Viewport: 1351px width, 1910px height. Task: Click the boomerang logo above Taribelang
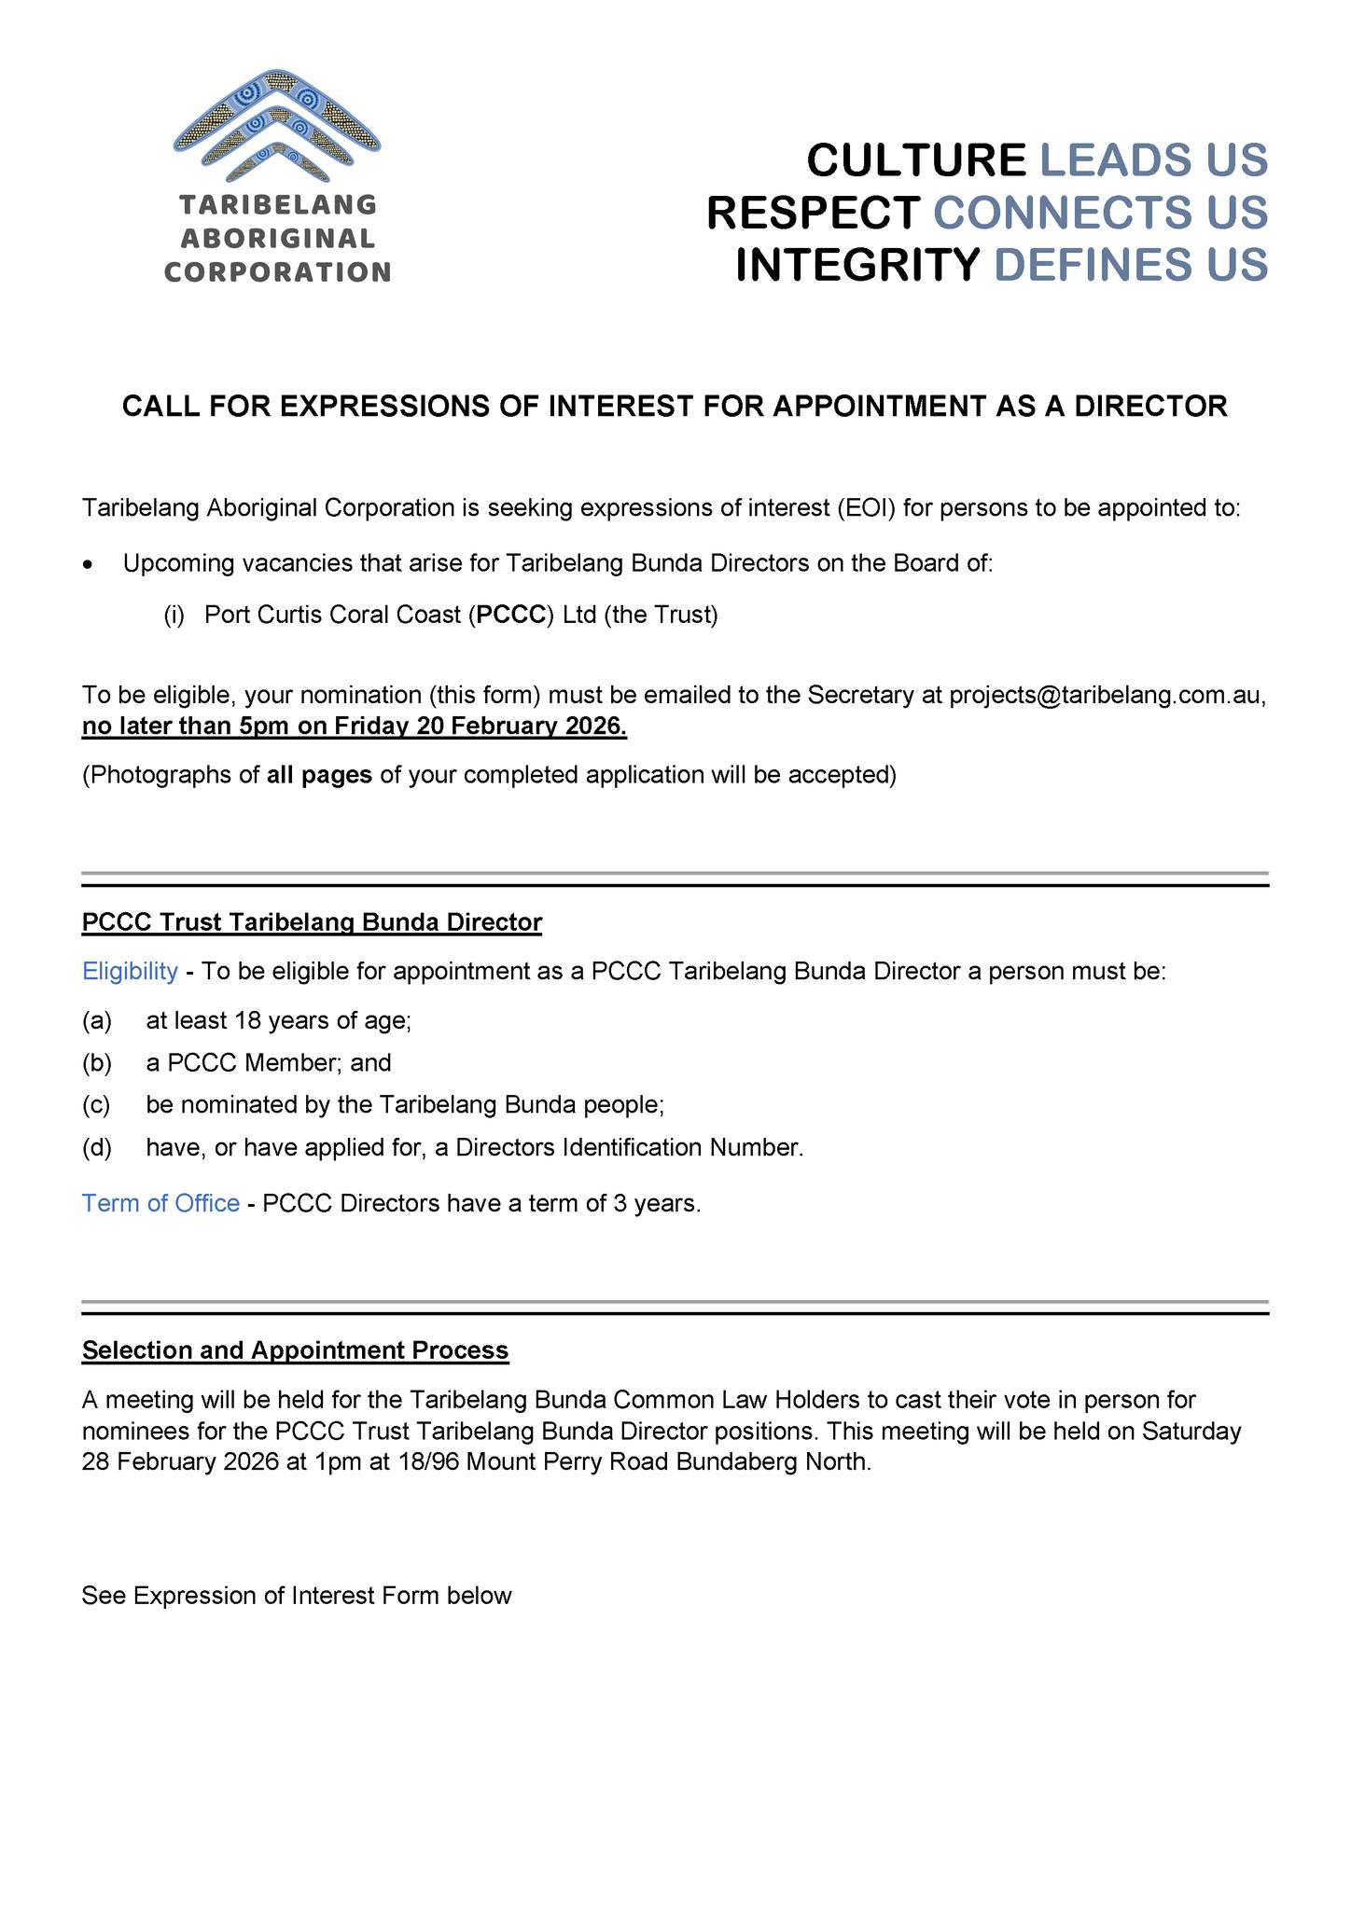(276, 127)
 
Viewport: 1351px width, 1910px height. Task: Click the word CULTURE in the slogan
(915, 160)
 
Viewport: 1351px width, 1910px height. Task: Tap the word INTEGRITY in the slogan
(857, 265)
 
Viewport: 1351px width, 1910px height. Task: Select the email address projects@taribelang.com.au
(1107, 695)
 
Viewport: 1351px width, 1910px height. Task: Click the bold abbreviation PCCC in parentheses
(510, 616)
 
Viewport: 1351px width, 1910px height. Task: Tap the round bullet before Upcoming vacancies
(88, 565)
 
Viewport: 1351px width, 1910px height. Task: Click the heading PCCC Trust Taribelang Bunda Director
(312, 922)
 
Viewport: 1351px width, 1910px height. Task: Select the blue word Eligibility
(130, 972)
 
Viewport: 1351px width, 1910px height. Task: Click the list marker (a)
(96, 1021)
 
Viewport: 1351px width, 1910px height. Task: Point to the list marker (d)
(96, 1148)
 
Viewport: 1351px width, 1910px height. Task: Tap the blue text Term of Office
(160, 1204)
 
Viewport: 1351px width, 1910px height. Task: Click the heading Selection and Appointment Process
(295, 1350)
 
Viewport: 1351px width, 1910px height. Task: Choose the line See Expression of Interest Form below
(297, 1596)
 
